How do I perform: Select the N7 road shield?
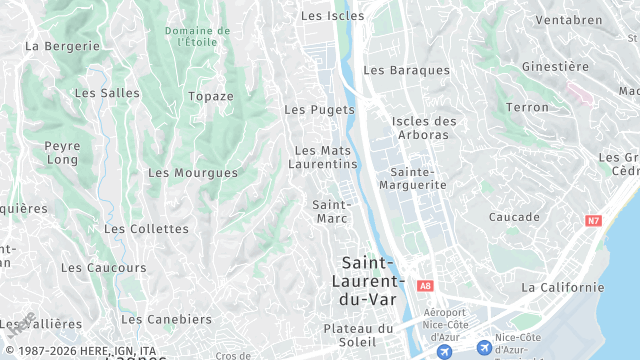(593, 220)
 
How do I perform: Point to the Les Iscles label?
(332, 16)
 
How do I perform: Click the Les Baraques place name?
(407, 70)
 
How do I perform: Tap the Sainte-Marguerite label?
(412, 178)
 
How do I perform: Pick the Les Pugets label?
(312, 110)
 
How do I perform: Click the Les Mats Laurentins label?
(325, 157)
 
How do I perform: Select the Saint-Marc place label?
(331, 211)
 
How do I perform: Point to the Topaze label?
(210, 97)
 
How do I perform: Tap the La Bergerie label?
(62, 45)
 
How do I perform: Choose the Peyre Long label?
(62, 152)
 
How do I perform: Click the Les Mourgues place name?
(193, 172)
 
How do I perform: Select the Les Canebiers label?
(167, 319)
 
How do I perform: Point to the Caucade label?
(514, 217)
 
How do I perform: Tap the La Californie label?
(563, 287)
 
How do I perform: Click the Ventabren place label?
(569, 20)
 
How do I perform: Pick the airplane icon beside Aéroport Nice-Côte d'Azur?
(446, 350)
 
